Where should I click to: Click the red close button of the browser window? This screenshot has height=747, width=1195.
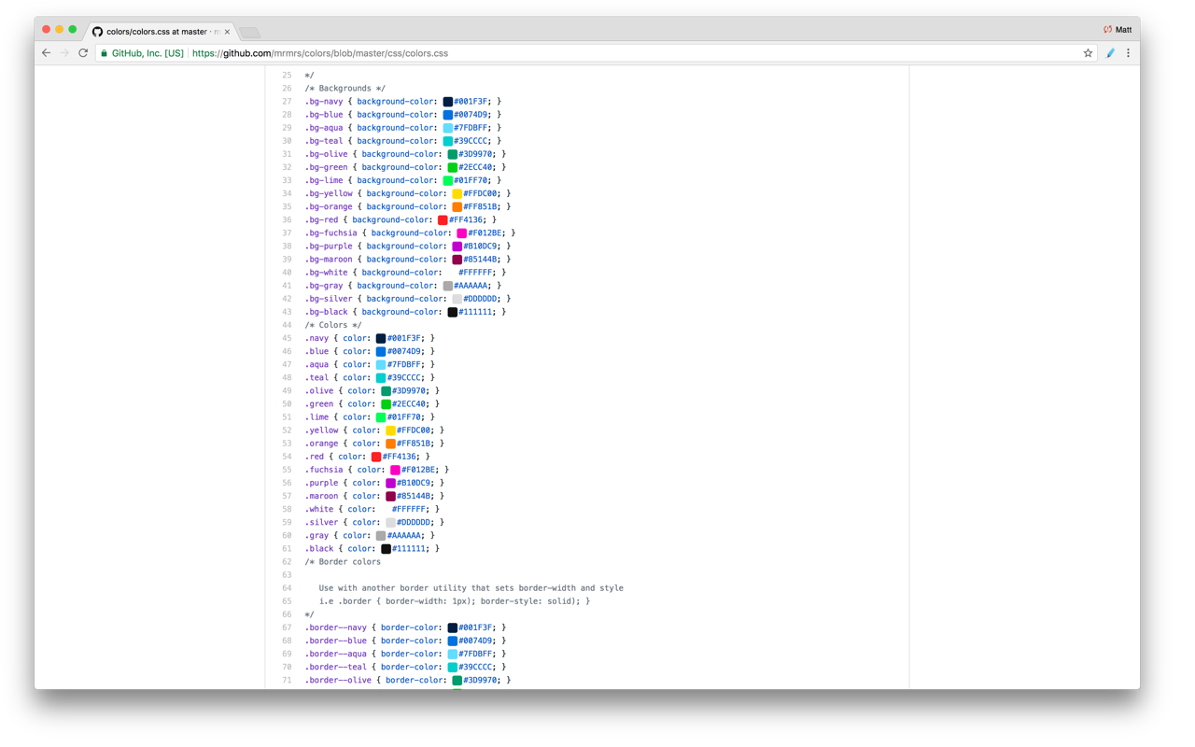click(46, 30)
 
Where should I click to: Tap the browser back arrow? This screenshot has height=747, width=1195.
click(46, 53)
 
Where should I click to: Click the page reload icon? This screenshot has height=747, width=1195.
click(83, 53)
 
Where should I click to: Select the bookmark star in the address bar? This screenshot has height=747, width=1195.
click(1088, 53)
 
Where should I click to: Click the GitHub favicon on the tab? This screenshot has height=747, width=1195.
click(97, 32)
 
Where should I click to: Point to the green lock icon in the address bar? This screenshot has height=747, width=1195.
click(104, 53)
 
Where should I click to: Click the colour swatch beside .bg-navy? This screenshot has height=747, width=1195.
click(448, 102)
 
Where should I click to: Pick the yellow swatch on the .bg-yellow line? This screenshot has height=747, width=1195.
click(457, 194)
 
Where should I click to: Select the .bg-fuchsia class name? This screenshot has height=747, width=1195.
click(330, 233)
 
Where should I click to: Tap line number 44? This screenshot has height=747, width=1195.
click(287, 326)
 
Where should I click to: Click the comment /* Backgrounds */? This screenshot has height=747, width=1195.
click(344, 89)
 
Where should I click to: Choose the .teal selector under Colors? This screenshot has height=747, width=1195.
click(316, 378)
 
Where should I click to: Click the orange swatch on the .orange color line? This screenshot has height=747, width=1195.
click(391, 444)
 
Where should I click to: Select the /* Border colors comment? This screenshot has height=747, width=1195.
click(342, 562)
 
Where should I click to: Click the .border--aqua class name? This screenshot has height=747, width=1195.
click(335, 655)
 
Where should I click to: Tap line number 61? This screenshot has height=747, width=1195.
click(287, 549)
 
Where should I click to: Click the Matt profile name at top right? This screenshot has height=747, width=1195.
click(1123, 30)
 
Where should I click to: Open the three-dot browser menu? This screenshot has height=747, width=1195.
click(1128, 53)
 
